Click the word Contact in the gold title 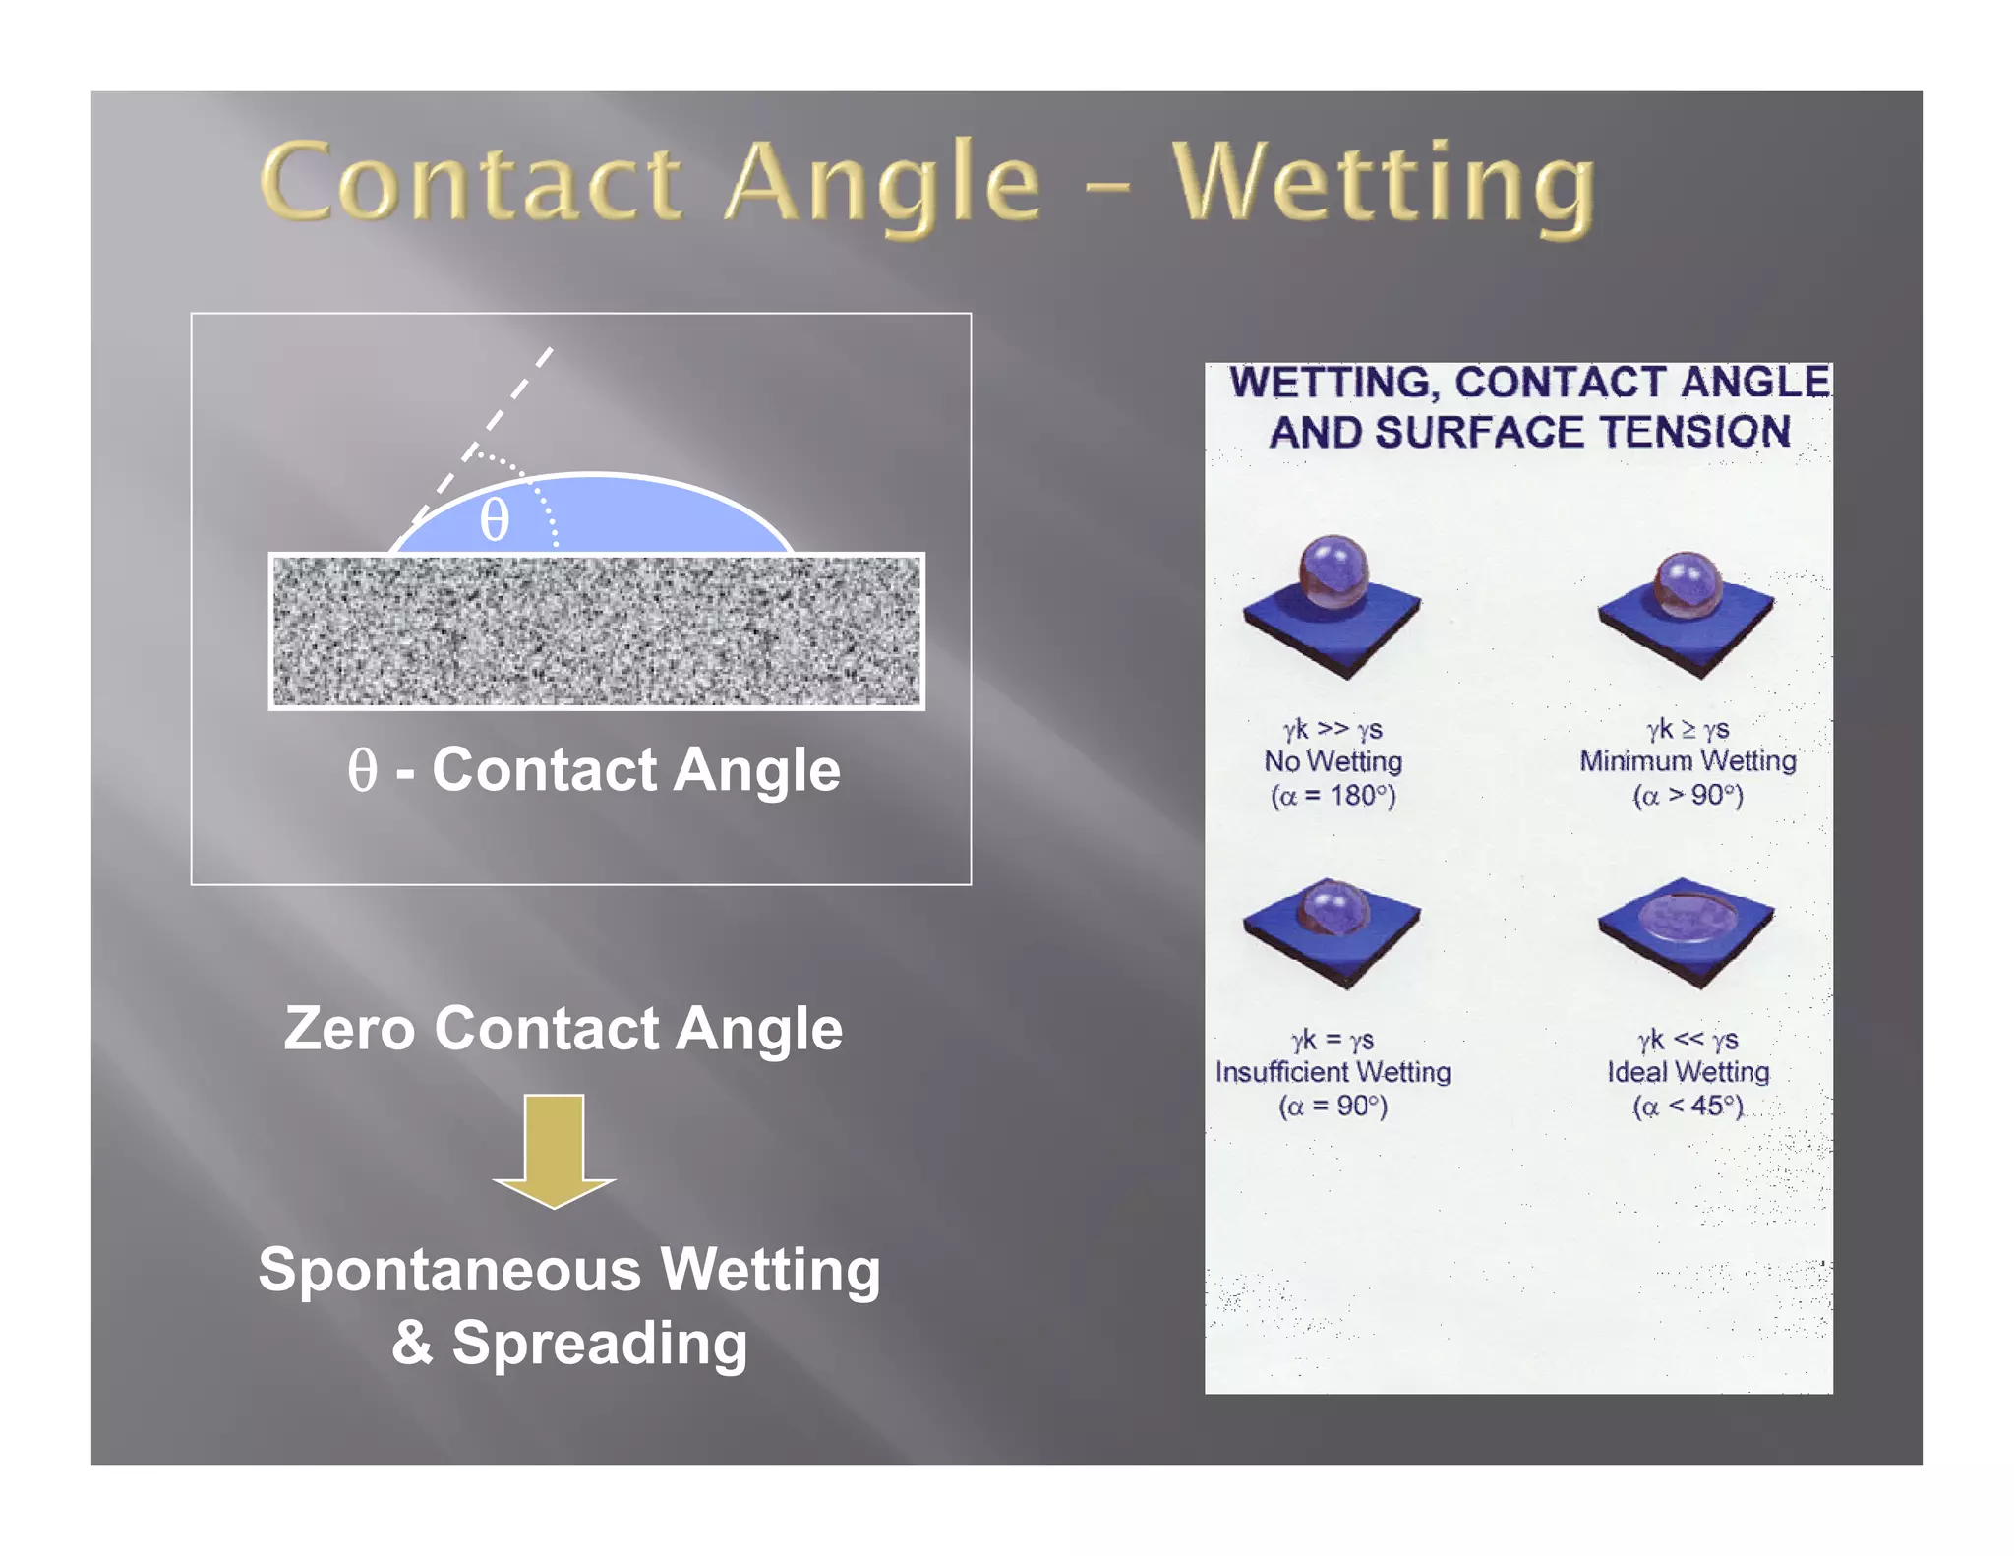[472, 182]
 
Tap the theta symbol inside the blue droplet [494, 519]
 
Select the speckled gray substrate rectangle [597, 630]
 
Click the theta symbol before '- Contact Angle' [362, 769]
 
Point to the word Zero [349, 1029]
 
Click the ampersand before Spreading [412, 1343]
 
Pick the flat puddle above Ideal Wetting [1688, 920]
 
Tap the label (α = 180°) [1333, 795]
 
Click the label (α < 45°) [1688, 1106]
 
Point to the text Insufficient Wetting [1333, 1071]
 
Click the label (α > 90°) [1688, 795]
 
